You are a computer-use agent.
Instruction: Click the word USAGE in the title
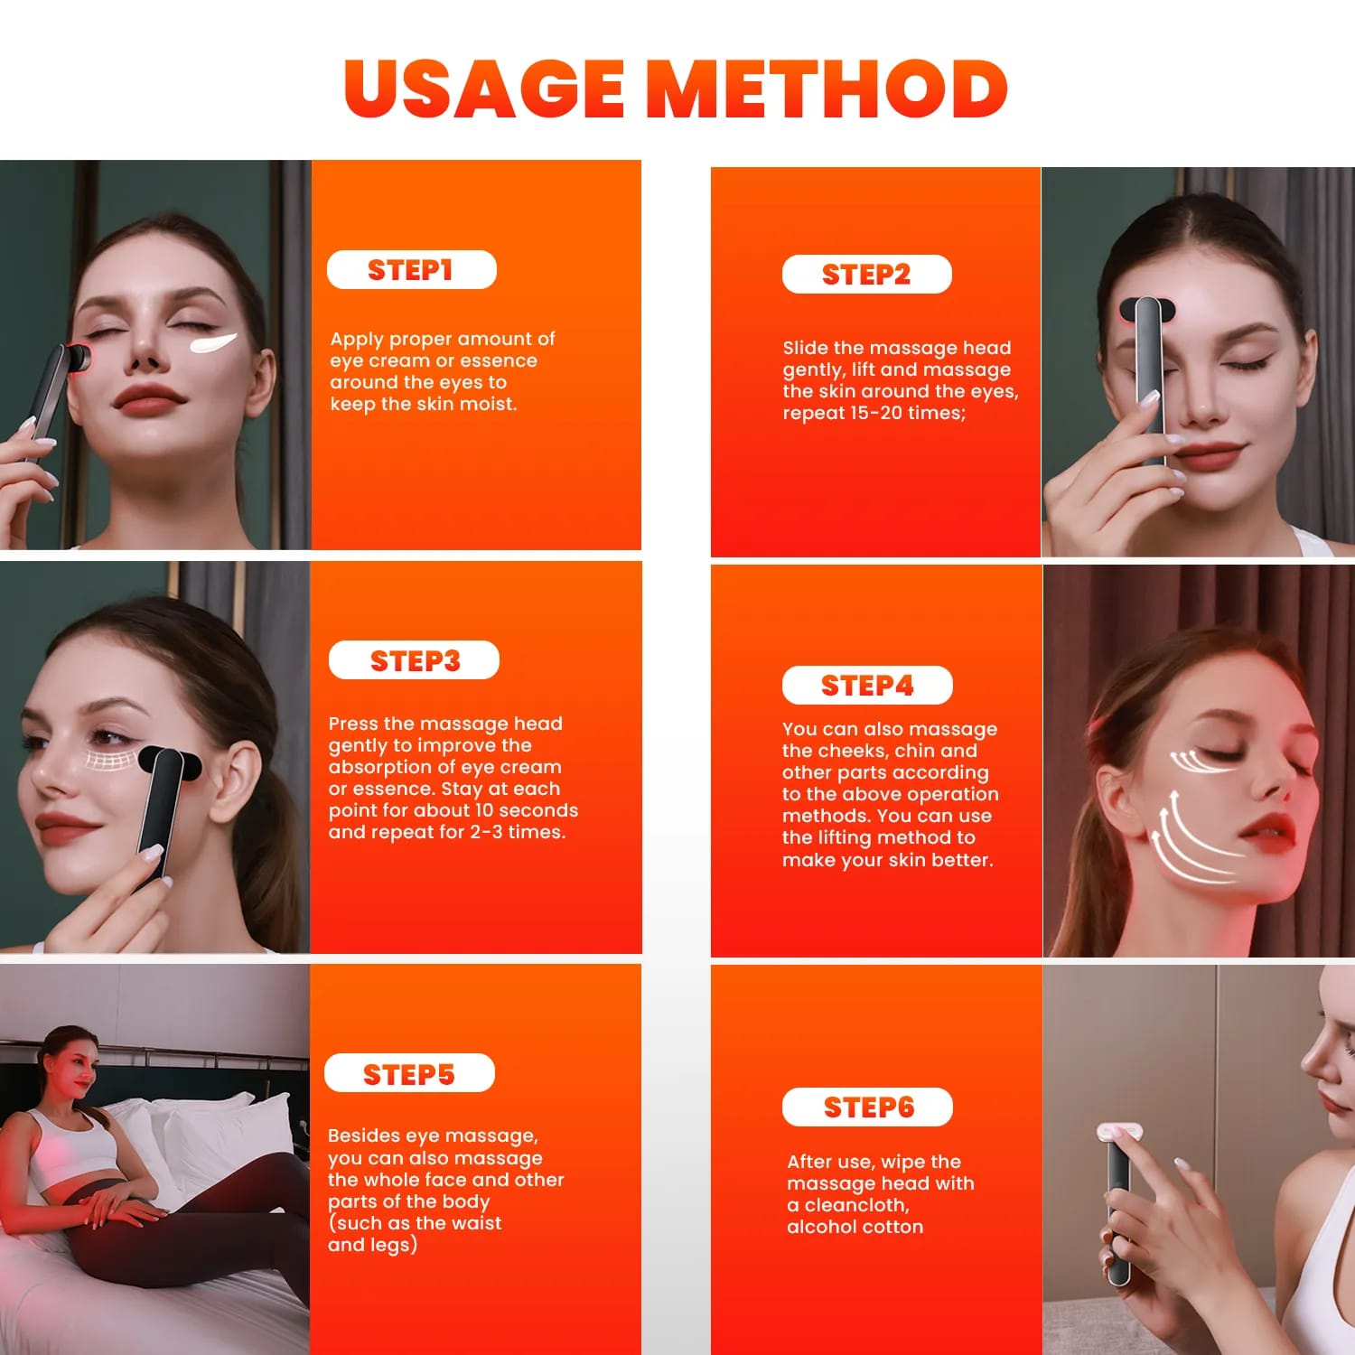[x=483, y=89]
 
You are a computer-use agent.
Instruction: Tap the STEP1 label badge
[x=411, y=270]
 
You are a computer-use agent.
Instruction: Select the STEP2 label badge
[x=866, y=275]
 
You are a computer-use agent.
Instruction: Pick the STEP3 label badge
[x=414, y=660]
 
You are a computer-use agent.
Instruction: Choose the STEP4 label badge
[x=866, y=686]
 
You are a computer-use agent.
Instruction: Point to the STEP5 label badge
[x=409, y=1073]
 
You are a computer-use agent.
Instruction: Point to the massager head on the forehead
[x=1146, y=312]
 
